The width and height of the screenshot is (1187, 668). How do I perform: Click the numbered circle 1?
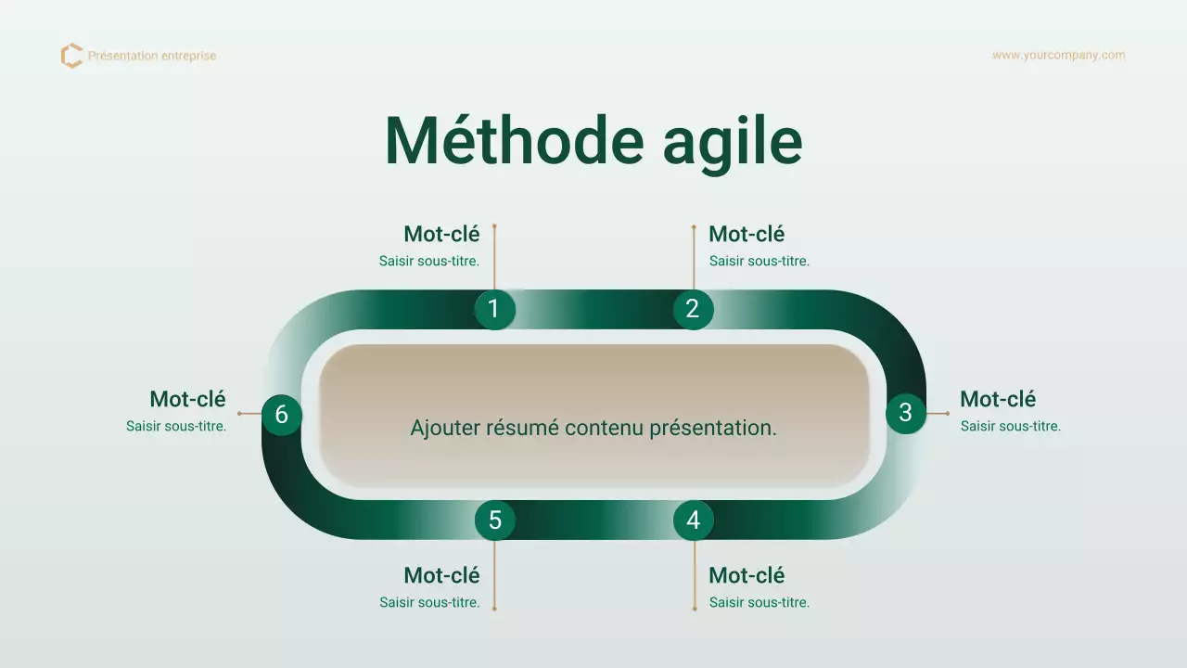[494, 309]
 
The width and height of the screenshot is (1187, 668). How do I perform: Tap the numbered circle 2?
[693, 309]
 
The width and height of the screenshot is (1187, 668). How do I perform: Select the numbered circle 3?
[905, 413]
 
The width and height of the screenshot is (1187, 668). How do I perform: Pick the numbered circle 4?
[693, 520]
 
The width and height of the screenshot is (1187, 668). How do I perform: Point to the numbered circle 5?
[494, 520]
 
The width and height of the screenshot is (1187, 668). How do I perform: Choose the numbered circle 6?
[281, 415]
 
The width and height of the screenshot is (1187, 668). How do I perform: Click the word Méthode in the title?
[514, 141]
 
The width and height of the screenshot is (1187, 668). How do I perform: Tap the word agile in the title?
[732, 141]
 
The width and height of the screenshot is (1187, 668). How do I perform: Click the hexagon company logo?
[71, 56]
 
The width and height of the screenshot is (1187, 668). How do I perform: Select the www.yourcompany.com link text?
[1058, 56]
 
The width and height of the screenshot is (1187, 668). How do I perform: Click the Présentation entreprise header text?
[152, 56]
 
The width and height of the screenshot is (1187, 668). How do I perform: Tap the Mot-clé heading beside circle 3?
[998, 399]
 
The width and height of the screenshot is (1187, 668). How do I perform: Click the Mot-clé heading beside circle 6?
[187, 399]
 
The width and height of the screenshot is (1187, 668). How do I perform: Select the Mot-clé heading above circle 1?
[441, 234]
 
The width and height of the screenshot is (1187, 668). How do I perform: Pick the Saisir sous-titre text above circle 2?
[759, 262]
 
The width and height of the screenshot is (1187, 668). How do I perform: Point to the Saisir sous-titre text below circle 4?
[759, 603]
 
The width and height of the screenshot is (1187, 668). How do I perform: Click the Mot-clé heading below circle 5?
[441, 575]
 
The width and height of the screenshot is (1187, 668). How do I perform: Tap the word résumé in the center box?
[524, 428]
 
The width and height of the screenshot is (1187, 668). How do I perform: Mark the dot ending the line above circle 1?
[494, 225]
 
